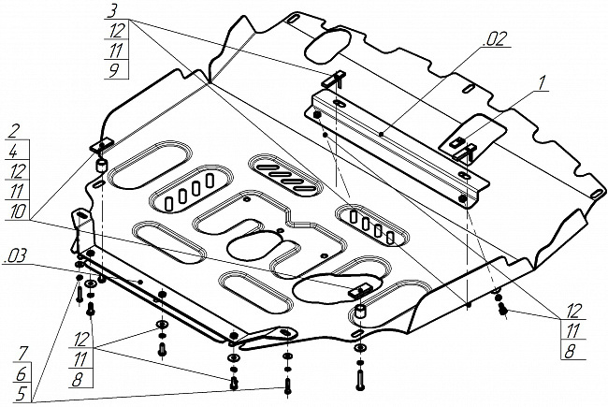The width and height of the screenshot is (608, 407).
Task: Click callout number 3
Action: click(112, 11)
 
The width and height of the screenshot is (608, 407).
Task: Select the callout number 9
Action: click(114, 70)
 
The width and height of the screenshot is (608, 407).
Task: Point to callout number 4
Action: click(13, 151)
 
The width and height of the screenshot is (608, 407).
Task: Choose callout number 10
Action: click(18, 211)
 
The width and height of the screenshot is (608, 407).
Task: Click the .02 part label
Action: click(496, 39)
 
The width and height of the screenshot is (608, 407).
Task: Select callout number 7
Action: click(22, 354)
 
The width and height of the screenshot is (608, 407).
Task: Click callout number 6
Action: click(22, 374)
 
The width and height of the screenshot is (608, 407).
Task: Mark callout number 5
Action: click(21, 394)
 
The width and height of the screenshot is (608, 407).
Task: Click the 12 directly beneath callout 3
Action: click(116, 30)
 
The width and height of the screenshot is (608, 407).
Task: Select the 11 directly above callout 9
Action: click(115, 50)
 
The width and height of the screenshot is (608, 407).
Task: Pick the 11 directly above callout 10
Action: click(17, 191)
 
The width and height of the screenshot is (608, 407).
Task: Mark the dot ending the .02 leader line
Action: click(382, 134)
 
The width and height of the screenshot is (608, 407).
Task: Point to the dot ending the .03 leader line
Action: click(140, 282)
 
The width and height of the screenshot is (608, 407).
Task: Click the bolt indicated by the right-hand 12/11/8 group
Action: click(502, 310)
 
